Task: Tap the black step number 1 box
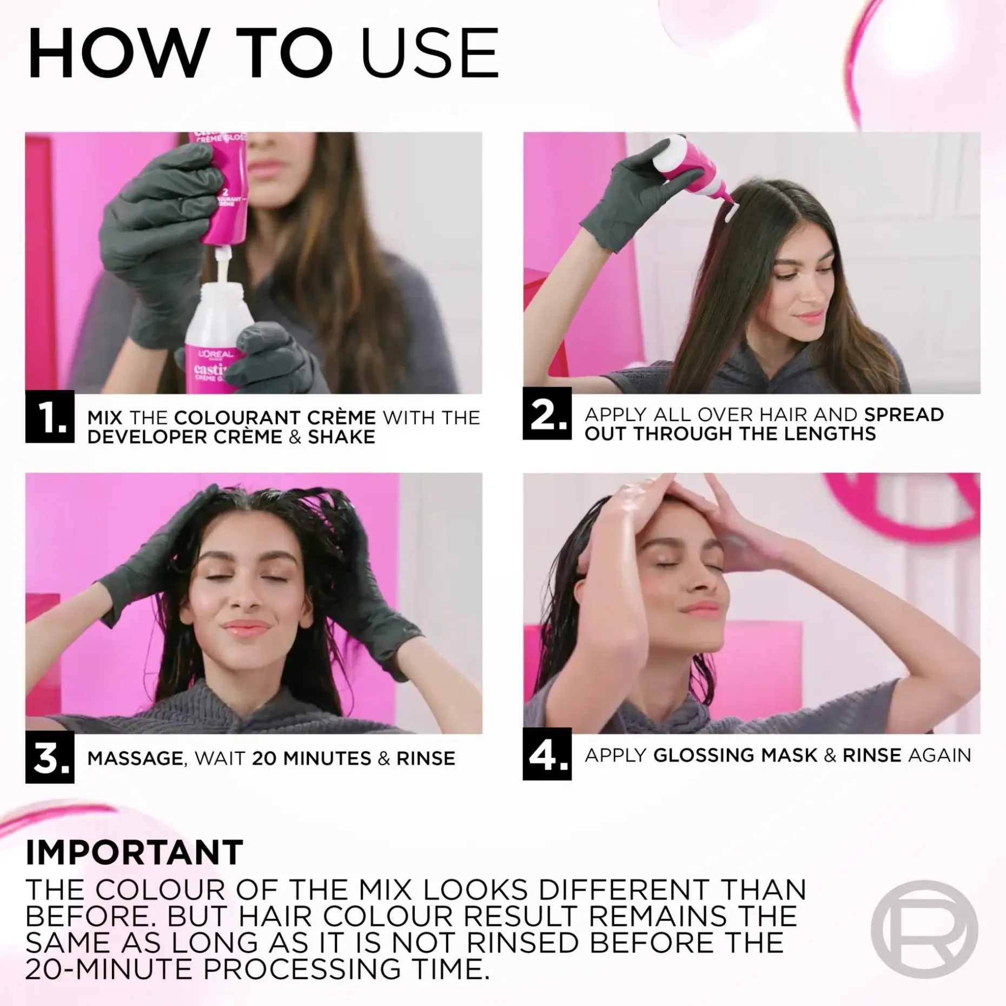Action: click(50, 417)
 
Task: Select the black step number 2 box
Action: click(547, 414)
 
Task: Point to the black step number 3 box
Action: click(50, 757)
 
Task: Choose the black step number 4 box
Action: click(547, 754)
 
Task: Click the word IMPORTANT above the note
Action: click(134, 853)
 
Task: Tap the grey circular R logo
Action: click(924, 929)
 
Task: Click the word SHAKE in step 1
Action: click(341, 437)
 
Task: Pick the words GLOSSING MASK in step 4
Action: click(735, 755)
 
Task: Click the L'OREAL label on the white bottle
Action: click(215, 354)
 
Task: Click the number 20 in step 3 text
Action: click(264, 758)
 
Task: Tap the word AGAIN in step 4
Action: click(939, 755)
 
